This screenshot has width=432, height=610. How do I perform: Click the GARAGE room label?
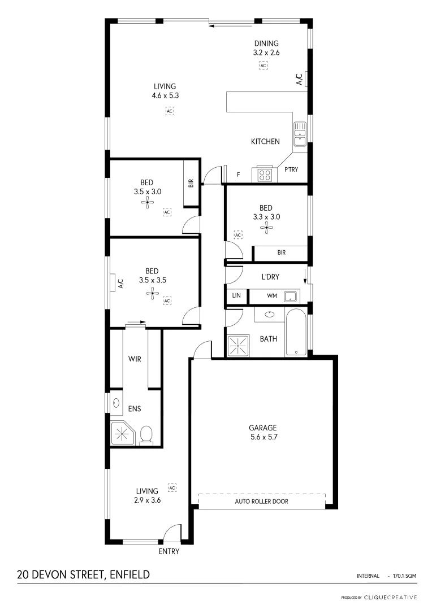click(262, 428)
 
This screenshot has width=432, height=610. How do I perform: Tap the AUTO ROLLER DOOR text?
click(262, 501)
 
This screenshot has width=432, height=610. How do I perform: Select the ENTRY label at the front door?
click(169, 551)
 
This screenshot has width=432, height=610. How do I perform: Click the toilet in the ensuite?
click(146, 435)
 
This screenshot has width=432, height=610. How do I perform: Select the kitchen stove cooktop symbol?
click(265, 175)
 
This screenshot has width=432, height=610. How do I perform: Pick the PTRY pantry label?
click(291, 169)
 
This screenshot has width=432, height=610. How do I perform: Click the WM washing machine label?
click(271, 295)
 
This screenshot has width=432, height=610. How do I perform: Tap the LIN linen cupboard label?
click(236, 295)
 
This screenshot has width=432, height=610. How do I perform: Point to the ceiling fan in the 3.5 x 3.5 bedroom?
click(152, 292)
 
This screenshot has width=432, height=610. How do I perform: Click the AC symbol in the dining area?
click(263, 66)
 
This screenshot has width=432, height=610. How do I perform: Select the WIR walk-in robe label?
click(135, 359)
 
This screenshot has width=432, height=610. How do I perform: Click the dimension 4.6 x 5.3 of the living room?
click(165, 95)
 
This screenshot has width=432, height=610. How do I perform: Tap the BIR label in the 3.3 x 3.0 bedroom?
click(281, 252)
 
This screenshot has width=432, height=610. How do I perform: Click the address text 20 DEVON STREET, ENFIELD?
click(83, 575)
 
